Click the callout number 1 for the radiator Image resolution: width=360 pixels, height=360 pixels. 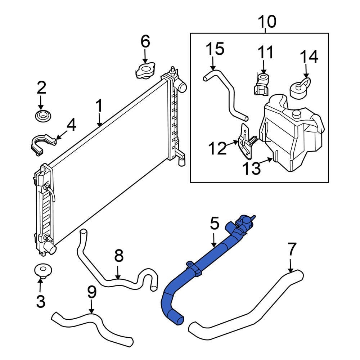point(99,107)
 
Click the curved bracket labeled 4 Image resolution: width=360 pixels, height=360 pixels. point(41,144)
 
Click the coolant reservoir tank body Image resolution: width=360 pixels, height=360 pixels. point(292,137)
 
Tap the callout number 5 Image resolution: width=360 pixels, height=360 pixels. point(214,224)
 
